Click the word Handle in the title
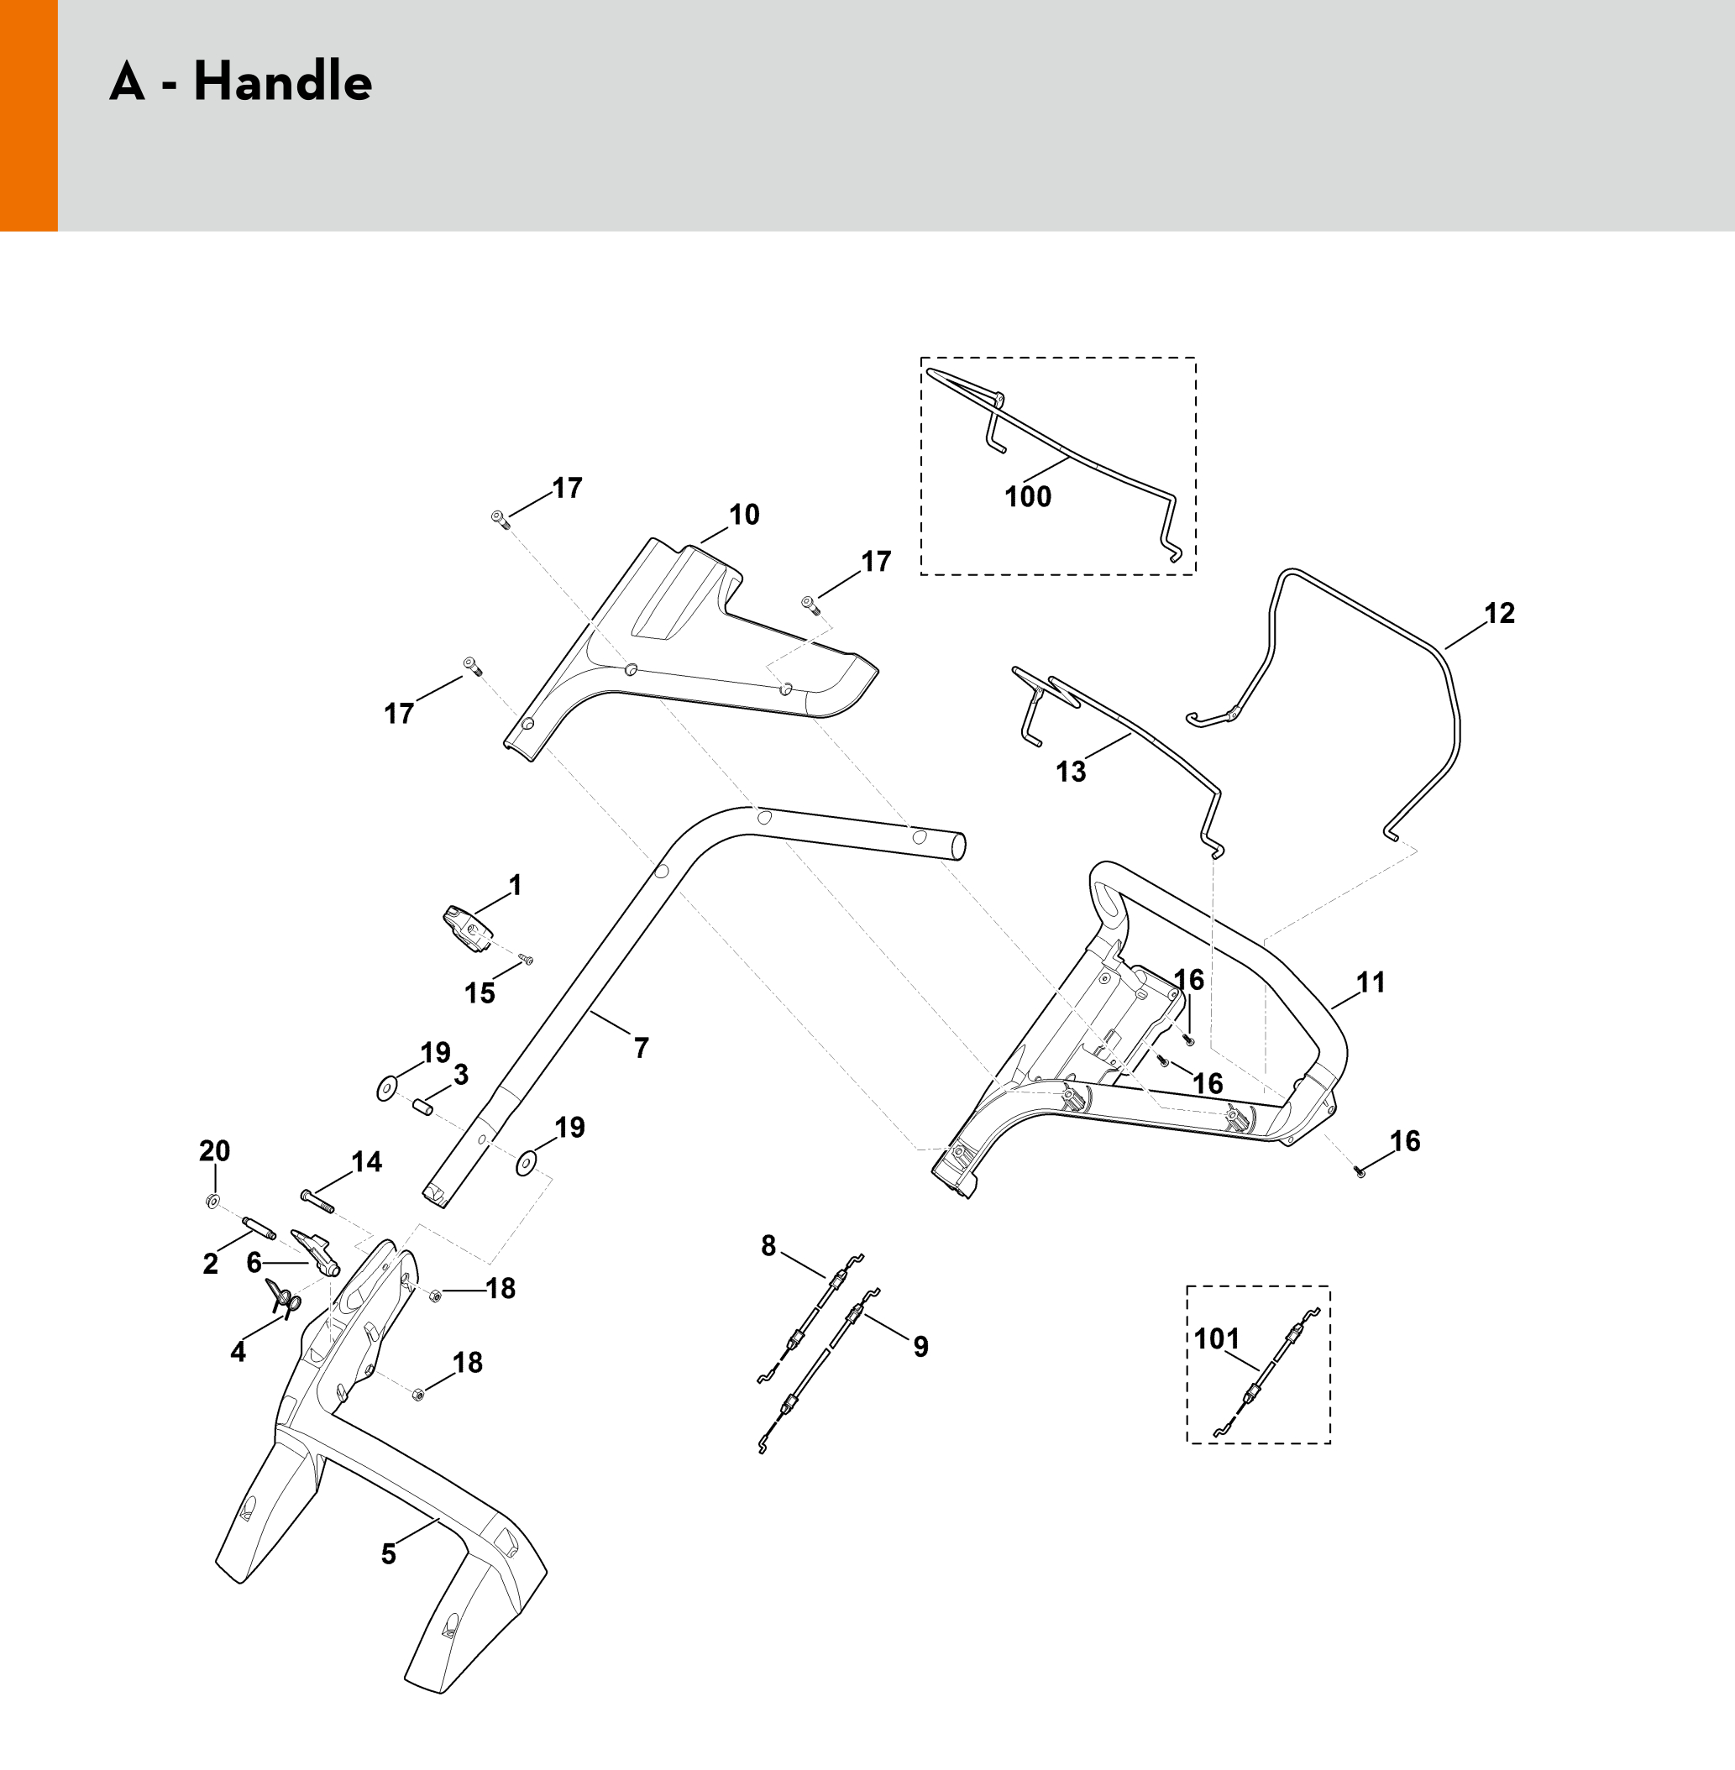coord(282,82)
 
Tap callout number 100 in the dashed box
coord(1027,497)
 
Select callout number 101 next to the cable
coord(1217,1339)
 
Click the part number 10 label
coord(743,516)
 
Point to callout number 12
coord(1499,613)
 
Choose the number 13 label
coord(1071,772)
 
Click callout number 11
coord(1371,983)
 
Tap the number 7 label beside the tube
coord(642,1049)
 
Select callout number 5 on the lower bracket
coord(388,1554)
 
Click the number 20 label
coord(214,1151)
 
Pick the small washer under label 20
coord(212,1202)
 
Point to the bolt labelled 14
coord(317,1202)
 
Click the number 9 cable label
coord(920,1347)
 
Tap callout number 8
coord(768,1246)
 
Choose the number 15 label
coord(480,994)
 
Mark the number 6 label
coord(254,1263)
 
